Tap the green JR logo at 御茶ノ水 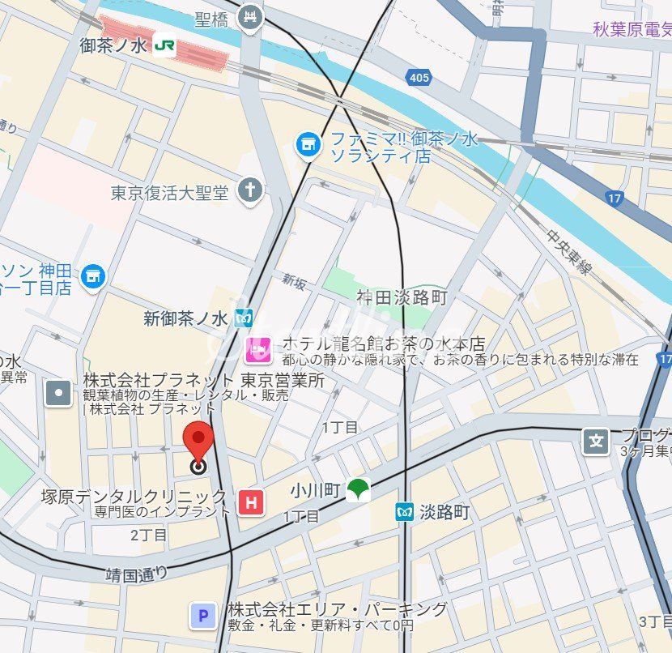164,46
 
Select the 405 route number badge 419,77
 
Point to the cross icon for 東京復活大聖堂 251,191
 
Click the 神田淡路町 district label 402,298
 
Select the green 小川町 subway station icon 357,489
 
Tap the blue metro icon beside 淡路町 404,512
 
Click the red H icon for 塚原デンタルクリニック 252,502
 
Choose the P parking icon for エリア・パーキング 202,617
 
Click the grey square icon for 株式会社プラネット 59,394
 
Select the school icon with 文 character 597,442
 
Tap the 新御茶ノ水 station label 186,318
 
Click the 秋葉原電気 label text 632,31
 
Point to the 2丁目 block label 148,535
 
